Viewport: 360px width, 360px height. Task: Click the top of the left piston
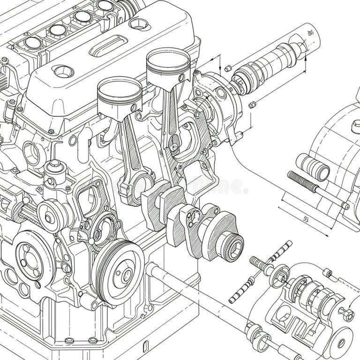click(120, 87)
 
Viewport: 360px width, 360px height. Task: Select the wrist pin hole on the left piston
click(134, 108)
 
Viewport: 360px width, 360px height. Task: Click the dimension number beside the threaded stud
click(305, 218)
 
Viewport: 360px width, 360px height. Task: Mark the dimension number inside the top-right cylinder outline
click(309, 33)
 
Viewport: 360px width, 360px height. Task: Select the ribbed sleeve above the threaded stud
click(313, 167)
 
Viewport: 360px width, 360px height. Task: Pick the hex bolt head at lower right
click(346, 314)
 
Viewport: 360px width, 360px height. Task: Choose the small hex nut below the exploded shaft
click(253, 105)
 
